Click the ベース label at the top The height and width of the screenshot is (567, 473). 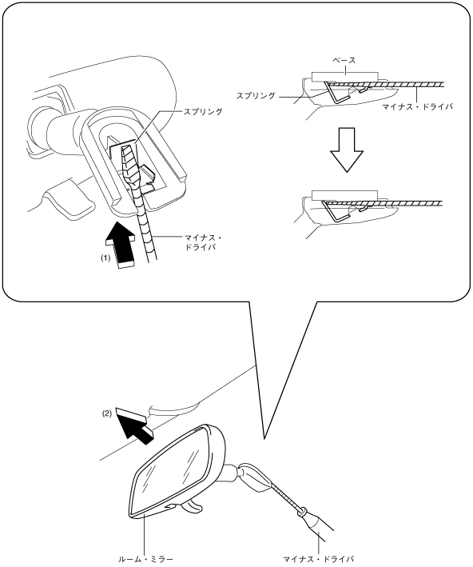click(344, 60)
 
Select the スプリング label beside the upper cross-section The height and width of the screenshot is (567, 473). click(256, 96)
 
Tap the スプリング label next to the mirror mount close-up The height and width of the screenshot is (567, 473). click(203, 111)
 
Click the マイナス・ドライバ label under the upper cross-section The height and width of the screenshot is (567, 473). click(417, 106)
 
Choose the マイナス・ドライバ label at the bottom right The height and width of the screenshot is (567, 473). click(318, 559)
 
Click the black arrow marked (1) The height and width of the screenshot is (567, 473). click(121, 246)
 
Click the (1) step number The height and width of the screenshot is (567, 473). click(105, 258)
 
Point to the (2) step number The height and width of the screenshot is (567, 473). click(106, 414)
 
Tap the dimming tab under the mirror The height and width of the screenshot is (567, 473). click(191, 506)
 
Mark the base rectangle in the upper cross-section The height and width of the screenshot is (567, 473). click(345, 77)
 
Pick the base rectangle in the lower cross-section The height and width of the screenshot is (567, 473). click(344, 195)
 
